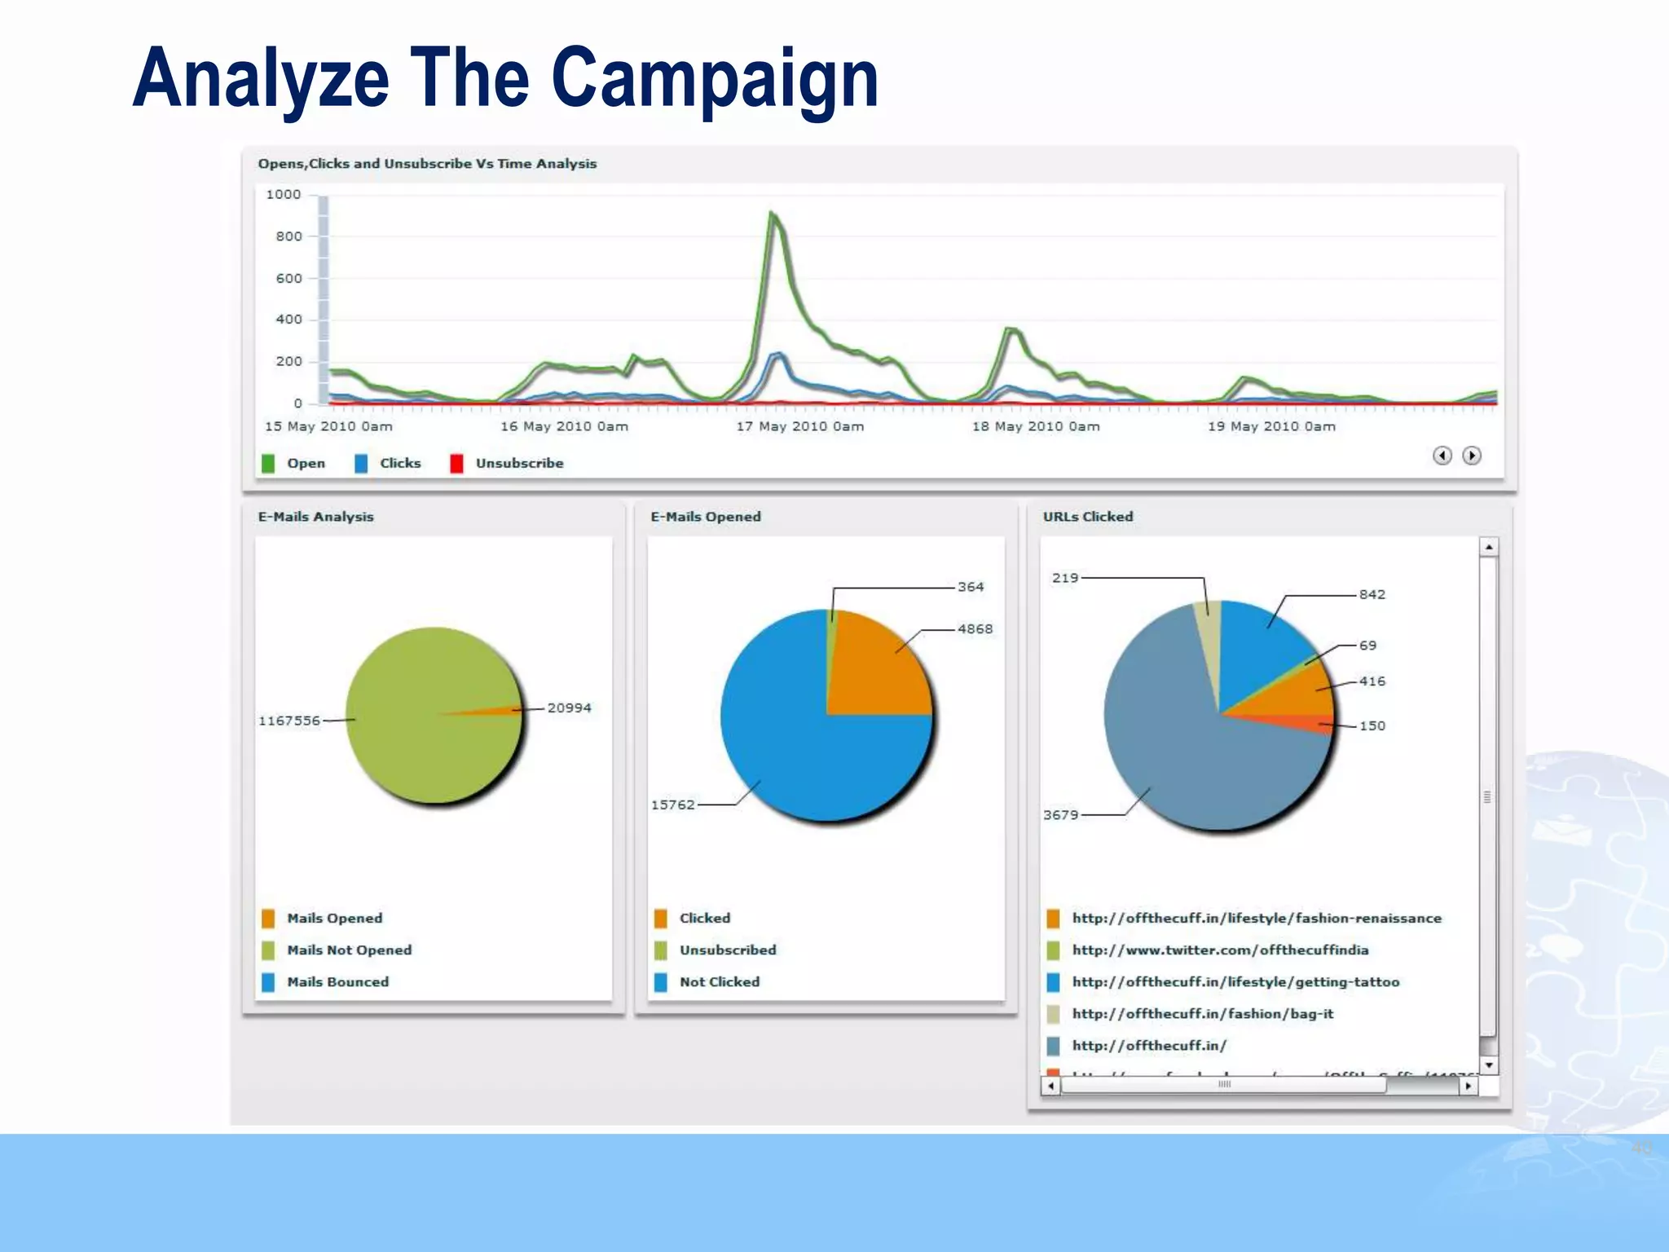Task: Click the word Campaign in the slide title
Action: click(x=715, y=79)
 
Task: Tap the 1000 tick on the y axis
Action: click(x=283, y=195)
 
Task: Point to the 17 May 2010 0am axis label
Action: click(x=799, y=426)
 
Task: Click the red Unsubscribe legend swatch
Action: click(x=456, y=463)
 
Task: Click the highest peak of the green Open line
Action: click(x=771, y=214)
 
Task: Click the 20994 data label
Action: click(x=569, y=708)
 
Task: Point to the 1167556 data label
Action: click(x=288, y=721)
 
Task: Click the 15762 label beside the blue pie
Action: click(x=672, y=805)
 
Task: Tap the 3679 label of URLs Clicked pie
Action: click(x=1060, y=814)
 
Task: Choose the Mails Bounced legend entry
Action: click(x=337, y=982)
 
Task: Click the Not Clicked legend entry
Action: click(x=719, y=982)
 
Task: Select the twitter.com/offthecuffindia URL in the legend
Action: click(x=1220, y=950)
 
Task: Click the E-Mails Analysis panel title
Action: click(x=315, y=517)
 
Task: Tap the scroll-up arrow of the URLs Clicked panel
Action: click(x=1489, y=547)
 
